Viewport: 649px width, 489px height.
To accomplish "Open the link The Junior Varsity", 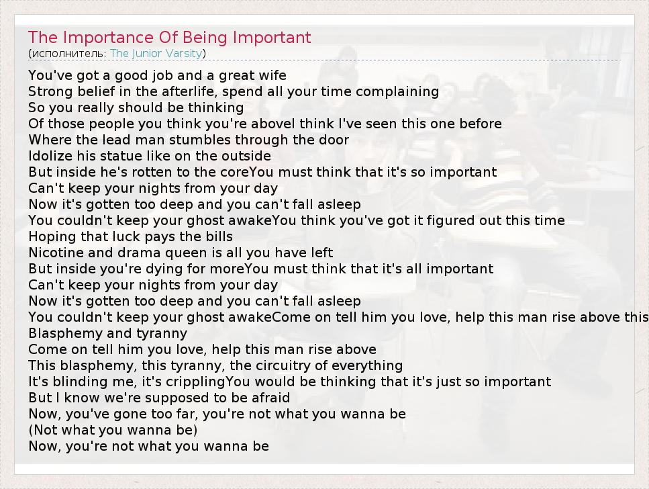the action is pyautogui.click(x=156, y=53).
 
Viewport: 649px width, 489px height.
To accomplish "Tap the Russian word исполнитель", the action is pyautogui.click(x=68, y=54).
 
